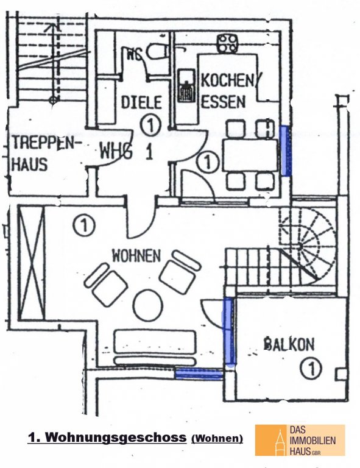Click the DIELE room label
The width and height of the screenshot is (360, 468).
(141, 102)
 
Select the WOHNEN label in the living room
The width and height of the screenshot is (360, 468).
(136, 256)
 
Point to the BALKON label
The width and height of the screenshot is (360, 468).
(289, 344)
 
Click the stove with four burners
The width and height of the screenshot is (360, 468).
(227, 44)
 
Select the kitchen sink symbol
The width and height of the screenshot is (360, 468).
(186, 85)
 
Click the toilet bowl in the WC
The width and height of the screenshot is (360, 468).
(157, 51)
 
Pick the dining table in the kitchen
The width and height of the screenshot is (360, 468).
(250, 155)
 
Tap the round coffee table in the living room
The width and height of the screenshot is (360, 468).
(148, 305)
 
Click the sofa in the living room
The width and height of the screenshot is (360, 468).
(155, 347)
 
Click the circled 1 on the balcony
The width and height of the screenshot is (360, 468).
(311, 368)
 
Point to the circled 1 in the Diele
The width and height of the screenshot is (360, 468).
(150, 126)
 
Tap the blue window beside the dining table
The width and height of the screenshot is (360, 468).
(285, 151)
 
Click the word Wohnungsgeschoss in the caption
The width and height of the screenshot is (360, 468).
(116, 438)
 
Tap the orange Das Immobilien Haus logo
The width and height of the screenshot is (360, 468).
(300, 440)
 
